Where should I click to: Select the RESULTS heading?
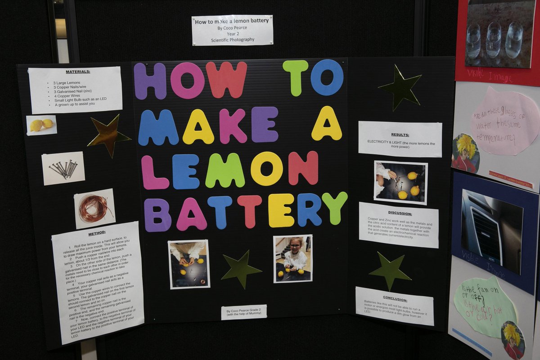click(400, 135)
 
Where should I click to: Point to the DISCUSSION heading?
click(400, 213)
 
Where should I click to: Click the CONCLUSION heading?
click(395, 299)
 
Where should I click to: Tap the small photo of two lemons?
click(41, 125)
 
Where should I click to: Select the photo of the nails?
click(63, 168)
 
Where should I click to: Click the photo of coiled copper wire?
click(94, 208)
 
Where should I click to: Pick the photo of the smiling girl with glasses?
click(293, 258)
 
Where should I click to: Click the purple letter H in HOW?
click(150, 81)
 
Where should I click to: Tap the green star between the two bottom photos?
click(240, 269)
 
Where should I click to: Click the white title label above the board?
click(232, 30)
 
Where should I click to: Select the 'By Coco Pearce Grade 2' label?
click(243, 312)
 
